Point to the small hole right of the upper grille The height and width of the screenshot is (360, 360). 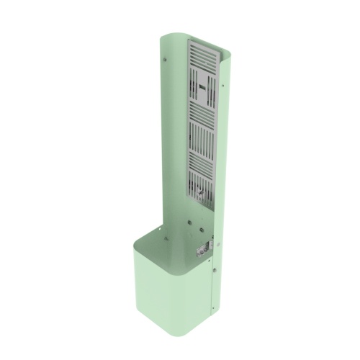point(224,86)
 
